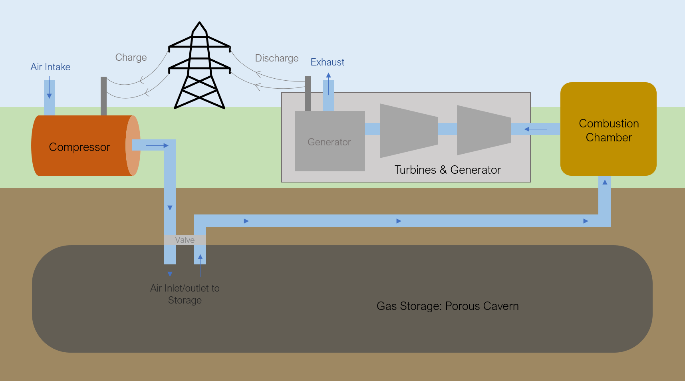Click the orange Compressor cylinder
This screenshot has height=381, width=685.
(x=86, y=146)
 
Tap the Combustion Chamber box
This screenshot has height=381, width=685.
(x=608, y=129)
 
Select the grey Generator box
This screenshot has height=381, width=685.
(x=330, y=141)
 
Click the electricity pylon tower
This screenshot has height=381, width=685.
(x=199, y=65)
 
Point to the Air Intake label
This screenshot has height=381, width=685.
(x=50, y=67)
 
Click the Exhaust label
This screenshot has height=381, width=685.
(x=328, y=62)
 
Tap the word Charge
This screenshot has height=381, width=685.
(x=131, y=58)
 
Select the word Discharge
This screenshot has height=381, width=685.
(x=277, y=58)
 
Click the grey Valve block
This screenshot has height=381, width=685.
(x=185, y=240)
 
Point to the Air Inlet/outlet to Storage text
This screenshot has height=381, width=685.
(x=185, y=294)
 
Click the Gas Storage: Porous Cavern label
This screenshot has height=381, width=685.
(x=448, y=306)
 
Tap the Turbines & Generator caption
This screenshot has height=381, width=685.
(x=448, y=170)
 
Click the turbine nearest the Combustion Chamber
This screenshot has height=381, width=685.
(x=484, y=130)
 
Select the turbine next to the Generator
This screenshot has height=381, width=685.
(x=409, y=131)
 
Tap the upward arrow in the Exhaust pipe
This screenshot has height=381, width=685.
(x=328, y=83)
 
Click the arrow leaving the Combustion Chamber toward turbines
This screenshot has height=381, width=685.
(x=536, y=129)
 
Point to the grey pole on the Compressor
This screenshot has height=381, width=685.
(x=103, y=96)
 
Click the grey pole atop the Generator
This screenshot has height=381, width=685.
(x=308, y=93)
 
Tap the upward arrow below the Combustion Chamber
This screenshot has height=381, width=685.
(x=605, y=191)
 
